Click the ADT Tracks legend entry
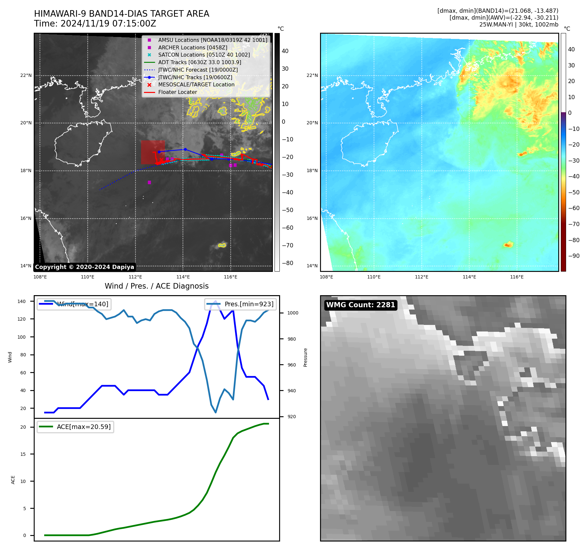pyautogui.click(x=200, y=62)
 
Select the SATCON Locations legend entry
pyautogui.click(x=204, y=55)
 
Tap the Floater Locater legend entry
pyautogui.click(x=177, y=92)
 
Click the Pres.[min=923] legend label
pyautogui.click(x=249, y=304)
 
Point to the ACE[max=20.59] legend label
pyautogui.click(x=83, y=427)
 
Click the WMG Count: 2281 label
pyautogui.click(x=361, y=305)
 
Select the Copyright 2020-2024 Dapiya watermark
pyautogui.click(x=84, y=267)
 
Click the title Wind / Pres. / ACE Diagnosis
pyautogui.click(x=156, y=286)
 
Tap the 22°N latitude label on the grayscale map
pyautogui.click(x=26, y=76)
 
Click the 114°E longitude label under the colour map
pyautogui.click(x=469, y=277)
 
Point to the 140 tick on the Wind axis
pyautogui.click(x=22, y=301)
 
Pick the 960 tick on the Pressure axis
pyautogui.click(x=292, y=365)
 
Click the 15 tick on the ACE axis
pyautogui.click(x=23, y=454)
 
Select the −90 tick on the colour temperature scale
pyautogui.click(x=574, y=256)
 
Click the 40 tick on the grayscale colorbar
pyautogui.click(x=285, y=51)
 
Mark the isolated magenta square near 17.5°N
pyautogui.click(x=149, y=182)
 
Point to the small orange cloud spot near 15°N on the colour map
pyautogui.click(x=508, y=244)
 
